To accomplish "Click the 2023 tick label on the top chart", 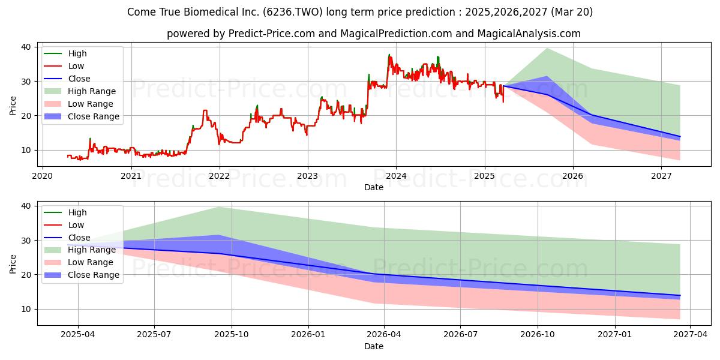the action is (308, 176).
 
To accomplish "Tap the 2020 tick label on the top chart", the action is (43, 176).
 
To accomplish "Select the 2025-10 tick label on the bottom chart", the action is (232, 335).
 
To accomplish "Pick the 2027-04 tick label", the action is (691, 335).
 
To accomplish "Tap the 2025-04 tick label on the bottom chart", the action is (78, 335).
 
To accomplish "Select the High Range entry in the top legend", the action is (80, 91).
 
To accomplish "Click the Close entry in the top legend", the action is (67, 79).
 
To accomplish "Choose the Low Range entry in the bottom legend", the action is (79, 262).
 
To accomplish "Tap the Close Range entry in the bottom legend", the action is (82, 275).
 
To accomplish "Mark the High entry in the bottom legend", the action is (65, 212).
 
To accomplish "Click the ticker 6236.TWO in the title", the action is (293, 12).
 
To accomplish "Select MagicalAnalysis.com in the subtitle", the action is (529, 34).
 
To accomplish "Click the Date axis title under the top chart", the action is (373, 187).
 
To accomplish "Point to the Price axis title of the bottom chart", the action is (13, 264).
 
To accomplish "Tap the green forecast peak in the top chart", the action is (547, 49).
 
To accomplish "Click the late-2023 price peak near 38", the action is (389, 55).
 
